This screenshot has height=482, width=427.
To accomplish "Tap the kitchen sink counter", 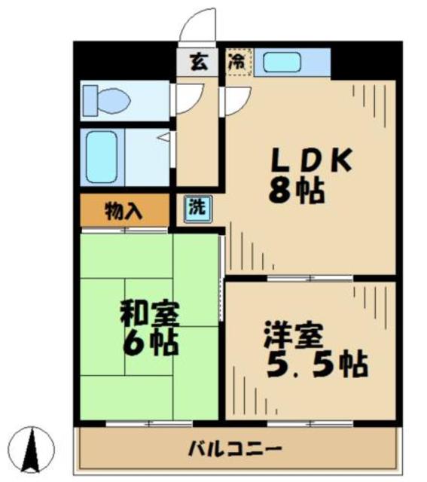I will coord(291,63).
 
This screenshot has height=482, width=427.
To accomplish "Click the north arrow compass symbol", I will coord(34,450).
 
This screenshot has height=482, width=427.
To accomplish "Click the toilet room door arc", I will coord(188,98).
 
